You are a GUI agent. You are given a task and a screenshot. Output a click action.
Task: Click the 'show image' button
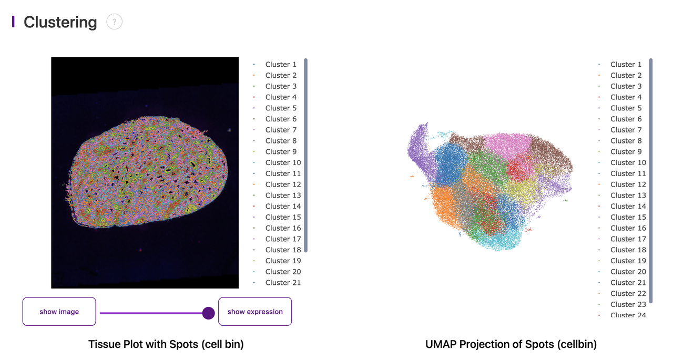point(59,312)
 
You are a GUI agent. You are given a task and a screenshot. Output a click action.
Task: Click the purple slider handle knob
point(209,313)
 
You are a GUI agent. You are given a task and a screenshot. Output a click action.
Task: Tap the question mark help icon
point(114,22)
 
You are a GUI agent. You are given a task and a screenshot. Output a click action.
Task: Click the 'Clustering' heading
point(60,22)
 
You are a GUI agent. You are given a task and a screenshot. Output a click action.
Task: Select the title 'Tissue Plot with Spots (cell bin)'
point(166,344)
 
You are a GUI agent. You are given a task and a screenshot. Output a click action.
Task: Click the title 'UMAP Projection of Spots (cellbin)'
point(511,344)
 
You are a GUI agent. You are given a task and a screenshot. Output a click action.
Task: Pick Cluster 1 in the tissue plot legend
point(281,64)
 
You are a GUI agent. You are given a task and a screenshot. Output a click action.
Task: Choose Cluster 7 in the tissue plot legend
point(281,130)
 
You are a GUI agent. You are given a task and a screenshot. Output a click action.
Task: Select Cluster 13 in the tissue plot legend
point(283,195)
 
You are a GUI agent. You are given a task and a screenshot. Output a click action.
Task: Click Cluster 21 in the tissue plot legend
point(283,282)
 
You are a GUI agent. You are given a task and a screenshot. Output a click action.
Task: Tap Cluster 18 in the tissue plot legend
point(283,250)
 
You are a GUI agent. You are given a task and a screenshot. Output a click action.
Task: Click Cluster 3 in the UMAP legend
point(626,86)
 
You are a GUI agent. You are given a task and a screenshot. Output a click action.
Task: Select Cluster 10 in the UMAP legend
point(628,162)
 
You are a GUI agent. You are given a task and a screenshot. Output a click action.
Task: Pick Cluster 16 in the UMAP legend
point(628,228)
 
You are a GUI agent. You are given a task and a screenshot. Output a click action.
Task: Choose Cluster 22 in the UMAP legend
point(628,293)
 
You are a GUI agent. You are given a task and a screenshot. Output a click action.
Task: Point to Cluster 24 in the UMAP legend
point(628,315)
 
